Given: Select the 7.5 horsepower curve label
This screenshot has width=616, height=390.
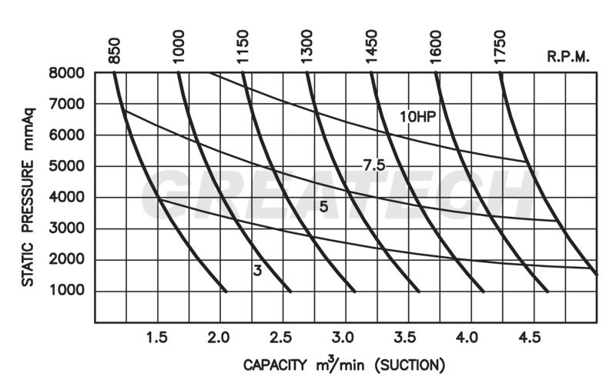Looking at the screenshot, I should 373,164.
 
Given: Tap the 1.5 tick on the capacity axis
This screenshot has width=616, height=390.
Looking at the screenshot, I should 156,336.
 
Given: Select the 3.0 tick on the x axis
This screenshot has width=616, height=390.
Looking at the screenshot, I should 344,336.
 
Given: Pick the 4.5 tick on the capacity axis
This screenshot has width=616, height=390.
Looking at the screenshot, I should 532,336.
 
